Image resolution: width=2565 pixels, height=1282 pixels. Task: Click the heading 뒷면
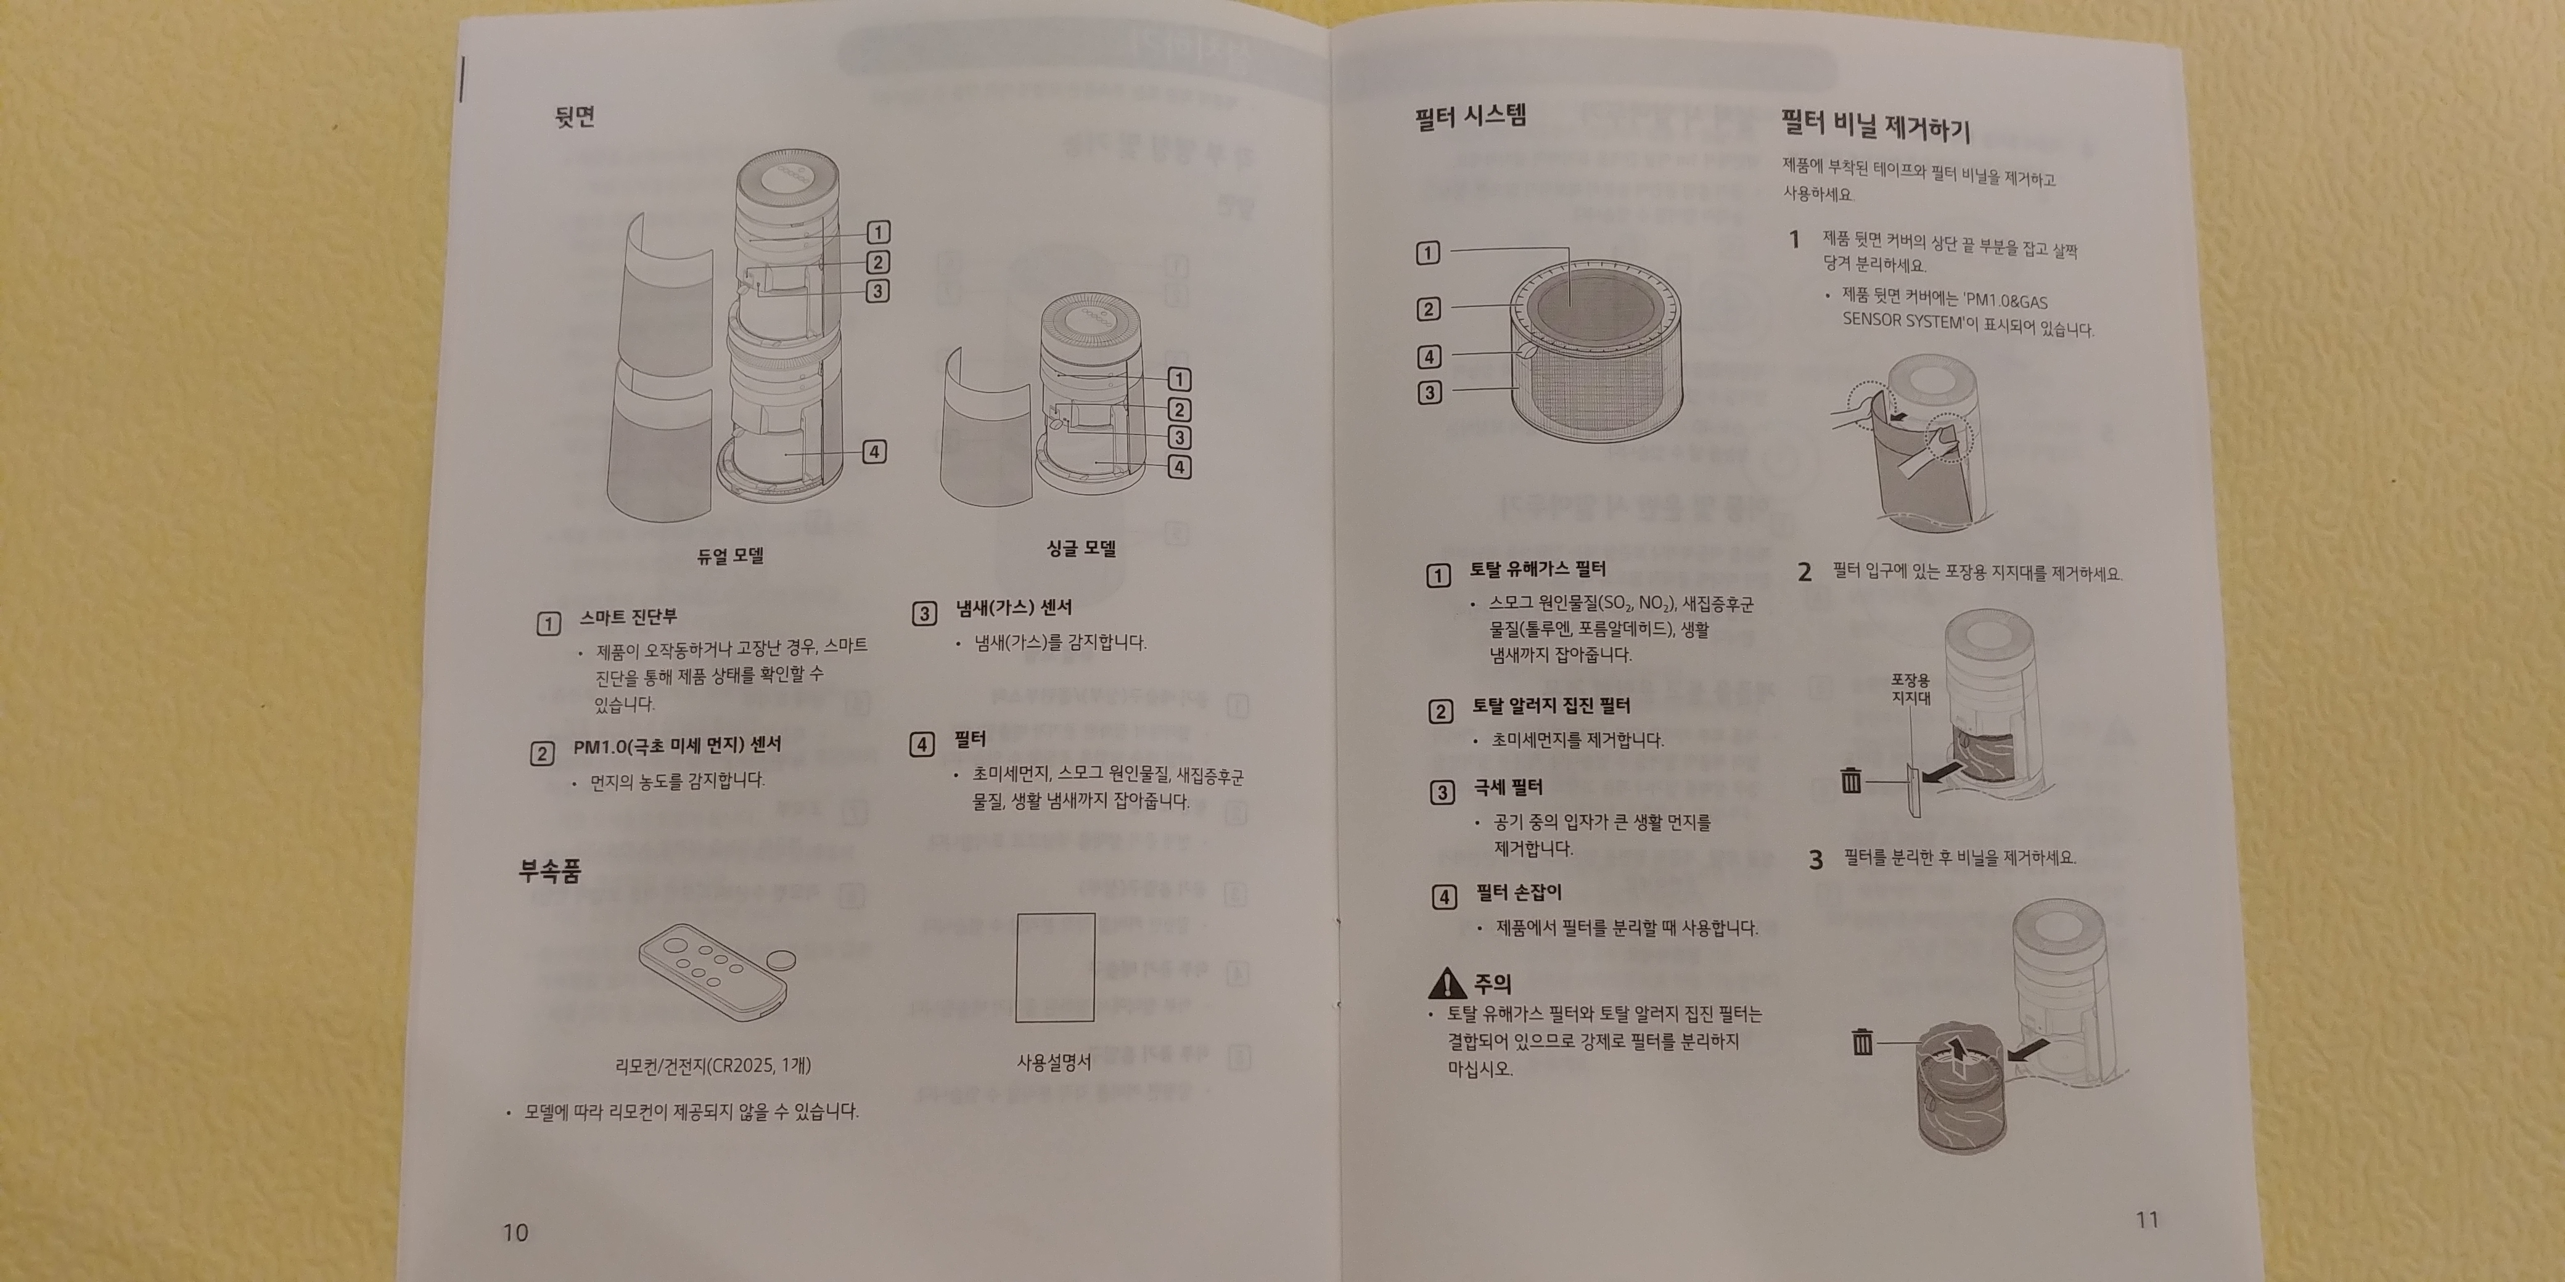point(575,116)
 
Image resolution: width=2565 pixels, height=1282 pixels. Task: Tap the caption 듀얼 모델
point(730,555)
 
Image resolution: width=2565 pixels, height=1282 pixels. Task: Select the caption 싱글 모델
point(1080,547)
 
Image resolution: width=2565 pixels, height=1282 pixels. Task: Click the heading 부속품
point(549,871)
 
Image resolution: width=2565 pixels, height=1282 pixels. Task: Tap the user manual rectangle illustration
point(1056,968)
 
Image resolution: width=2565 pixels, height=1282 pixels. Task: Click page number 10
point(515,1232)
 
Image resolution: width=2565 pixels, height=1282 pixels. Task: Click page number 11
point(2147,1219)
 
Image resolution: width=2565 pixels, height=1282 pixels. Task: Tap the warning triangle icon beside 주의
point(1446,984)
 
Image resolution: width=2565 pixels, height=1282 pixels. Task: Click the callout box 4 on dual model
point(874,452)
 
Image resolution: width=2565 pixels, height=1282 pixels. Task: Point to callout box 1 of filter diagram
point(1428,253)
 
